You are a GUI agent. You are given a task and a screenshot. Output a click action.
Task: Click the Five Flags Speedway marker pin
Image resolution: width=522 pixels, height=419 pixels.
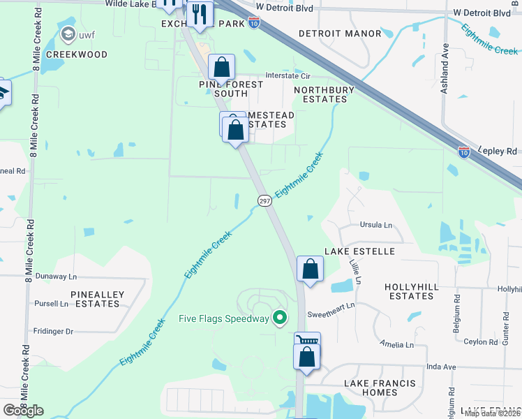pos(281,318)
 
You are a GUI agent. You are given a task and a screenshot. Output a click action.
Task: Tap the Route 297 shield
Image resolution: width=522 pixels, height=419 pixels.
pos(264,200)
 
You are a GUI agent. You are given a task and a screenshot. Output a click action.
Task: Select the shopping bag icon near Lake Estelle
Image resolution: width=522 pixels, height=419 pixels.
pos(310,269)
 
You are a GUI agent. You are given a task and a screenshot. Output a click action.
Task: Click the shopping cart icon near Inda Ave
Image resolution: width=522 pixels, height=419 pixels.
pos(307,341)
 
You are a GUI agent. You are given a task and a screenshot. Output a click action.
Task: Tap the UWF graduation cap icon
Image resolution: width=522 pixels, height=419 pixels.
pos(68,34)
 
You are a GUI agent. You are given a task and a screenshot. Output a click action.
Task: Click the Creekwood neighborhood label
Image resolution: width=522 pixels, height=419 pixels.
pos(77,54)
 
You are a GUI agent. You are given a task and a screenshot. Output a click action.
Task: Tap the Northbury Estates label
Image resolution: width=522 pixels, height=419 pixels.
pos(325,94)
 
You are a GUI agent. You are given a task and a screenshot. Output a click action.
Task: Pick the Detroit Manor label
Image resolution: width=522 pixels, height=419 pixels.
pos(340,34)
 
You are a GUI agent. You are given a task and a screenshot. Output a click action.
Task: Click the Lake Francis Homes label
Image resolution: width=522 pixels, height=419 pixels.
pos(380,388)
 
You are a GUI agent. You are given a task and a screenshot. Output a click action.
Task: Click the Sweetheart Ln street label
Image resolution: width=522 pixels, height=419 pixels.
pos(331,305)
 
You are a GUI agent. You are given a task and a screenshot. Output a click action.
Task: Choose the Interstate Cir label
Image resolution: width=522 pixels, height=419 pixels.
pos(286,78)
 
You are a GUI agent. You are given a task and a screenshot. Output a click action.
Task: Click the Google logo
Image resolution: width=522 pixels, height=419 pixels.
pos(23,411)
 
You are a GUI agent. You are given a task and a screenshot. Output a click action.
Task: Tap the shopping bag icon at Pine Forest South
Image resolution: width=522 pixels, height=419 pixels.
pos(221,68)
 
